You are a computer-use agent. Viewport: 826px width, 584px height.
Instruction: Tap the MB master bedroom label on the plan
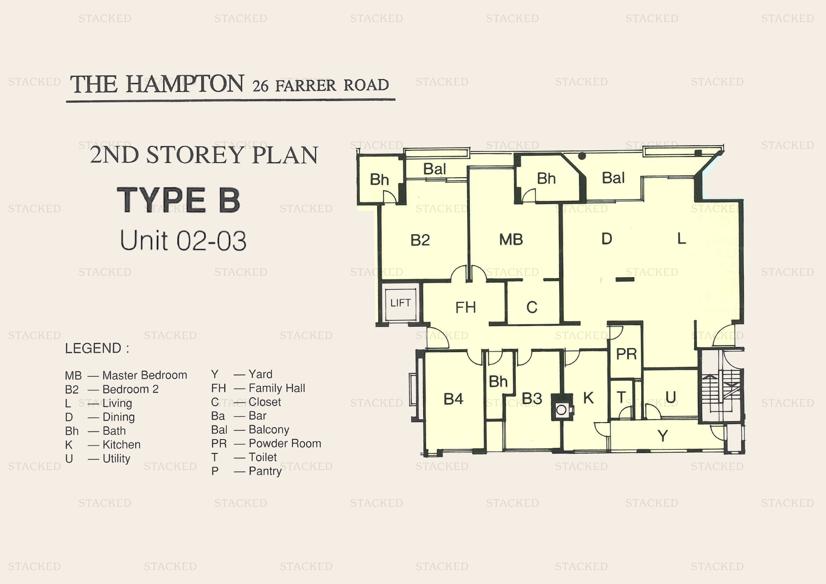(x=511, y=240)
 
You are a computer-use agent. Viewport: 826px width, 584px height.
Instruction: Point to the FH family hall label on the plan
(x=466, y=307)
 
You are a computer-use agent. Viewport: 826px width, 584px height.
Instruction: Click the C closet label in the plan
(x=532, y=307)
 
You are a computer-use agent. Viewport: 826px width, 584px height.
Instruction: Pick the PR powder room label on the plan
(x=626, y=354)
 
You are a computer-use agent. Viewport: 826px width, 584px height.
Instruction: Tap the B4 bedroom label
(x=453, y=399)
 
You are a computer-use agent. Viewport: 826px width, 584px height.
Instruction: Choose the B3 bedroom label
(x=532, y=398)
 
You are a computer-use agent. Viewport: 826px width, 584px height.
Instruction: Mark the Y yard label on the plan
(x=662, y=436)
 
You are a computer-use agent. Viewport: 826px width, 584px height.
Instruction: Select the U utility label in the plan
(x=670, y=397)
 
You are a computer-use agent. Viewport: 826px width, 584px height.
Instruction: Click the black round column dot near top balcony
(x=582, y=156)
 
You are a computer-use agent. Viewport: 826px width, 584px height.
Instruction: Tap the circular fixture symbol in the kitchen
(x=561, y=410)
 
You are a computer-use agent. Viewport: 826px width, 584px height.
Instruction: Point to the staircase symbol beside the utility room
(x=721, y=392)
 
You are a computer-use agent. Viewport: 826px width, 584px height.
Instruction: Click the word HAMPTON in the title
(x=185, y=84)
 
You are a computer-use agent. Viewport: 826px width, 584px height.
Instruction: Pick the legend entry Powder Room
(x=285, y=443)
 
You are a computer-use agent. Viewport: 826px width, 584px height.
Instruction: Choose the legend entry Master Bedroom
(x=144, y=375)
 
